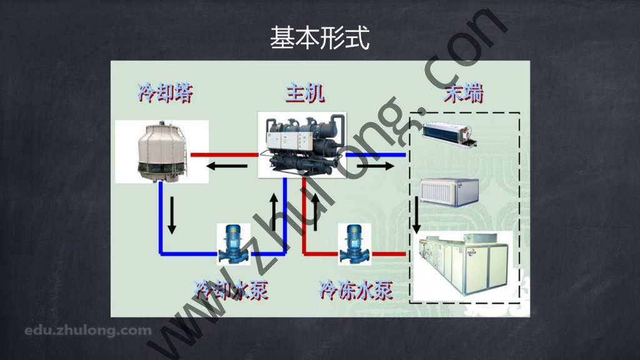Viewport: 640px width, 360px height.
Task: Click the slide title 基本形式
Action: click(319, 37)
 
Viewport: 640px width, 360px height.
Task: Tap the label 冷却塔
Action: click(165, 93)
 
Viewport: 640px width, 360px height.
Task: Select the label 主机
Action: click(304, 93)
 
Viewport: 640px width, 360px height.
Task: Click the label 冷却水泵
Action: click(232, 290)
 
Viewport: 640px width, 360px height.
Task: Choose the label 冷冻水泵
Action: click(356, 290)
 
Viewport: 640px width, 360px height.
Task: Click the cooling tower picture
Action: click(152, 152)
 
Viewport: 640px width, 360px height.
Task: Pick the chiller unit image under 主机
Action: click(302, 145)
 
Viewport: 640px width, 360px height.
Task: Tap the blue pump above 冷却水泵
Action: click(232, 244)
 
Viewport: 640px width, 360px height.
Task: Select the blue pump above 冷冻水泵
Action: click(354, 244)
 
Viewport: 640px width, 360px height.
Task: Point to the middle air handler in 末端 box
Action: click(449, 191)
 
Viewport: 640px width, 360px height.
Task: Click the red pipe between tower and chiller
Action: click(224, 154)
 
